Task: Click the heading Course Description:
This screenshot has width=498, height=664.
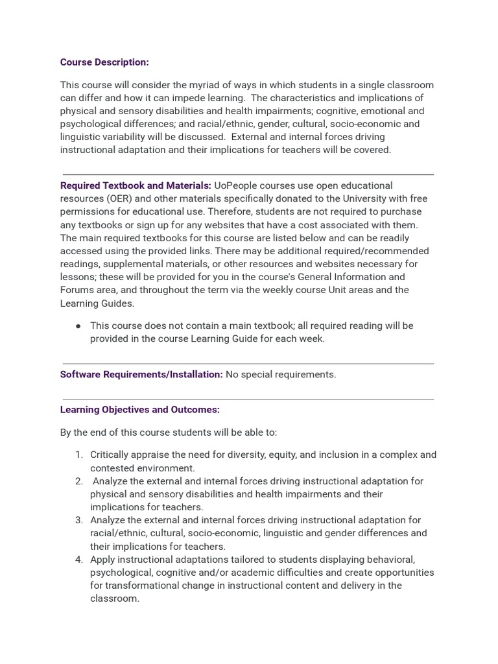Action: [x=104, y=62]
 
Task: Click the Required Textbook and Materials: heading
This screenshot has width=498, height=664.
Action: [x=136, y=185]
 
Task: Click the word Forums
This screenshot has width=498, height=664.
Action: [x=77, y=290]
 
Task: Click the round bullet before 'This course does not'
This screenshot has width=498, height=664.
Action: [x=78, y=326]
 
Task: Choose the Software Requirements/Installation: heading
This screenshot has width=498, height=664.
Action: [x=141, y=374]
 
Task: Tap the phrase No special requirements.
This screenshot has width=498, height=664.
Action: [x=281, y=374]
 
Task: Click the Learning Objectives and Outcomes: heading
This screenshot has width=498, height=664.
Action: [x=140, y=410]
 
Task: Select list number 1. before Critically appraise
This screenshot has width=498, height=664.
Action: [x=79, y=455]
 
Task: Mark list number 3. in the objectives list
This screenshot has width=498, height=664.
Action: [x=79, y=520]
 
